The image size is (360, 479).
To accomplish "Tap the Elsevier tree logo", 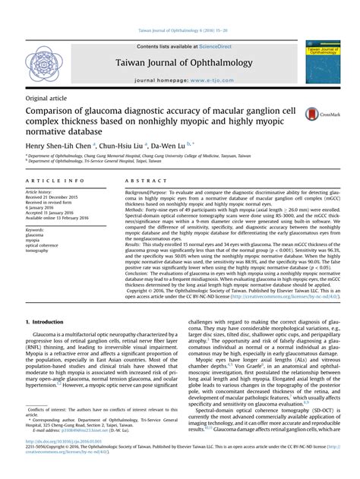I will point(45,63).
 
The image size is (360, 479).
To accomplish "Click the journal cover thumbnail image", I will point(322,63).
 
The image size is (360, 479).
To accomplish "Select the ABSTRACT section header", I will point(144,181).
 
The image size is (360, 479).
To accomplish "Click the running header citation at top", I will point(179,30).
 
